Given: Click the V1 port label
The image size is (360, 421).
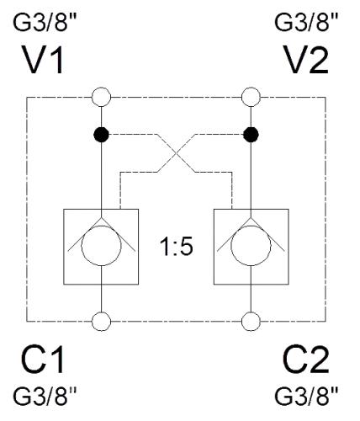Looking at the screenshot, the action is pos(43,60).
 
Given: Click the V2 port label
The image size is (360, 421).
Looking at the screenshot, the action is pos(306,60).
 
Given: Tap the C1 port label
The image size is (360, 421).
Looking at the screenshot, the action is pos(42,360).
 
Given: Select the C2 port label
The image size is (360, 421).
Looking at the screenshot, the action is pos(306,360).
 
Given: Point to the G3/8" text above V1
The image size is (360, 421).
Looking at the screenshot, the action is pos(45,22).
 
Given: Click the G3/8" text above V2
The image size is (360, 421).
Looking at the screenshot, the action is pos(306,22).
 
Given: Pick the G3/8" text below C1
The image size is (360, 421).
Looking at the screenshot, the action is pos(45,396).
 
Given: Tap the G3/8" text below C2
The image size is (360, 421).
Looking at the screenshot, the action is pos(306,396).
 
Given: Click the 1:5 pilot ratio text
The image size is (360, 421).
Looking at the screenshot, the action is pos(177,247).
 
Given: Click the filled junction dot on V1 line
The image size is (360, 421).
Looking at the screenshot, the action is pos(101,135).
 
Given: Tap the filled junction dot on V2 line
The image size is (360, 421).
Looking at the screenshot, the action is pos(251,135).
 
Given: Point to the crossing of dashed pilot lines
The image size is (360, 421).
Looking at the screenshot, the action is pos(176,153).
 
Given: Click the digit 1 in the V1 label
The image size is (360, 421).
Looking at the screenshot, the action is pos(57,60).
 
